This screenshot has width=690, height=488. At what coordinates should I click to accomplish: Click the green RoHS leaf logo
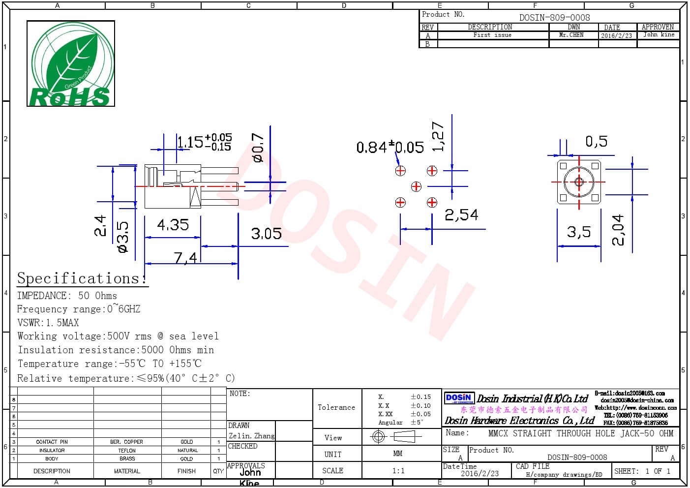[71, 63]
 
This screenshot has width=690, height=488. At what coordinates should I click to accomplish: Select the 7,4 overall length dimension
[185, 257]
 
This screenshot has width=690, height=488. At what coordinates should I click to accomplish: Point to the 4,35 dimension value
[173, 225]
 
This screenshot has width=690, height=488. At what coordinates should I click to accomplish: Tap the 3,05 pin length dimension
[266, 233]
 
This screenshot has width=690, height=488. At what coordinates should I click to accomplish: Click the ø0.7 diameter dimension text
[258, 148]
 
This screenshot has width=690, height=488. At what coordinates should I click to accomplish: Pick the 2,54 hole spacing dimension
[461, 215]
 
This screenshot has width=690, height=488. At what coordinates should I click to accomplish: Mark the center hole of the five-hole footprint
[416, 186]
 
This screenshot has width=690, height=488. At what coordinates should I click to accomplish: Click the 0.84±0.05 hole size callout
[390, 147]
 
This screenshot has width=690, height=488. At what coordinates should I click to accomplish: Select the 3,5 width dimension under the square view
[579, 232]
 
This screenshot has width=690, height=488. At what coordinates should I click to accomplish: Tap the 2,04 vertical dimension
[618, 230]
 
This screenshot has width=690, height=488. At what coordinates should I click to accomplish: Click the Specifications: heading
[82, 278]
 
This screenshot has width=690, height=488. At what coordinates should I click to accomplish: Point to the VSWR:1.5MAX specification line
[48, 323]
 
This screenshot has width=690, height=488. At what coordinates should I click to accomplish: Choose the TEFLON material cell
[127, 451]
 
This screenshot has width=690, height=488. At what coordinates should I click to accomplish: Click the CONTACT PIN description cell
[52, 442]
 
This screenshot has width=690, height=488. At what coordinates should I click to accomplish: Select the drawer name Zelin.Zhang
[251, 436]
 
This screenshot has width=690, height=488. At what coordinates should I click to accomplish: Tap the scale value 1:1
[398, 471]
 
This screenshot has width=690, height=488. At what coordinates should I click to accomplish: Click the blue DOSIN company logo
[459, 398]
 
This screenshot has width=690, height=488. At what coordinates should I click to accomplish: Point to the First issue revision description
[492, 35]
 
